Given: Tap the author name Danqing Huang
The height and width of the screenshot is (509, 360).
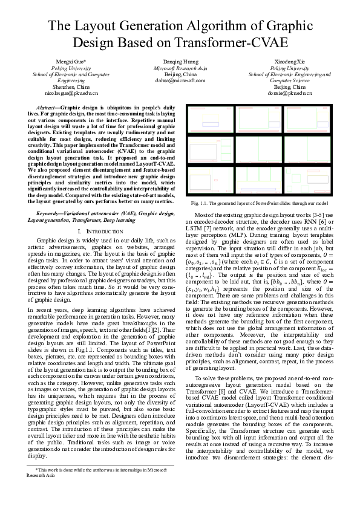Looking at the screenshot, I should click(180, 62).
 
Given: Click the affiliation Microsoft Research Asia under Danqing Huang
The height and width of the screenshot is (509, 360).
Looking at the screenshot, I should click(180, 68).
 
